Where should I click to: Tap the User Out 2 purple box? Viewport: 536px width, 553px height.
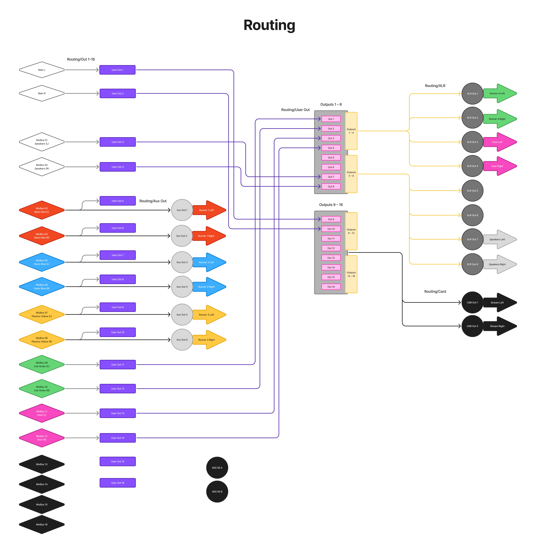(x=118, y=93)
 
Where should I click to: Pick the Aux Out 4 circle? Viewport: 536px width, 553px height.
(x=182, y=287)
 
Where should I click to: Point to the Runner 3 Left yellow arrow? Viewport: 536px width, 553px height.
(x=209, y=315)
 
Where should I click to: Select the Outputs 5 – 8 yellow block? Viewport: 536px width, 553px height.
(x=351, y=174)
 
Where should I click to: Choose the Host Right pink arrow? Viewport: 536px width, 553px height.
(x=499, y=166)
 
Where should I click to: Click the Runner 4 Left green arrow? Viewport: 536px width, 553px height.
(x=499, y=93)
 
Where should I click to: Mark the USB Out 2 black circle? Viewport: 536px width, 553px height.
(x=472, y=326)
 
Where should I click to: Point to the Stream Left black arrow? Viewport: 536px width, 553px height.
(x=499, y=302)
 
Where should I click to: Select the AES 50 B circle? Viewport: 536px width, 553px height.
(x=217, y=492)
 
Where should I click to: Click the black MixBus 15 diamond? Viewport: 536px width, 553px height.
(x=42, y=504)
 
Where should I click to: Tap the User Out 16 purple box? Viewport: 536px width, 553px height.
(x=118, y=483)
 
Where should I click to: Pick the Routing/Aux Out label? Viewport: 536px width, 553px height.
(x=153, y=201)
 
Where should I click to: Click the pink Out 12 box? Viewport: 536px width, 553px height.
(x=331, y=248)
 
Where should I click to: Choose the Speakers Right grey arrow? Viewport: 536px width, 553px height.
(x=499, y=264)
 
